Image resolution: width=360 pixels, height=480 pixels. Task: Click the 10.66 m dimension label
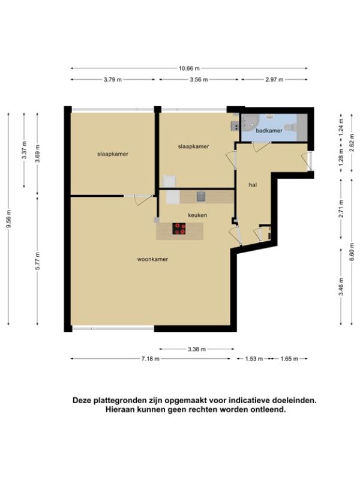point(189,68)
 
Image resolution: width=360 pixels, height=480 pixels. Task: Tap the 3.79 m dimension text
point(113,80)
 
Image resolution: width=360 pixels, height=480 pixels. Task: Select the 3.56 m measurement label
point(199,80)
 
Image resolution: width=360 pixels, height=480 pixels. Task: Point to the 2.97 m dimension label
point(274,80)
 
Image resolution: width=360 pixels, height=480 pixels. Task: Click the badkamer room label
point(269,131)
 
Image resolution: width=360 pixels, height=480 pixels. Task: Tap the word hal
point(253,185)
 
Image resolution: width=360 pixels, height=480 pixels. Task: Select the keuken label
point(197,215)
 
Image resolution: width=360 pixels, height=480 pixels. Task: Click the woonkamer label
point(152,259)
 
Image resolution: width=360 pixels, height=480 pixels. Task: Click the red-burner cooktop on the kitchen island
point(179,229)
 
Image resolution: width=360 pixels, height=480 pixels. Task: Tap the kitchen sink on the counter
point(201,197)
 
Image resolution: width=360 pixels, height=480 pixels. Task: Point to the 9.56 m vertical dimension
point(9,219)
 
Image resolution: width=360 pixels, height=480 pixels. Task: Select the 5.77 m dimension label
point(38,261)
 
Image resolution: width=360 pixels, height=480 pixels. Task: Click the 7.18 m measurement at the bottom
point(151,359)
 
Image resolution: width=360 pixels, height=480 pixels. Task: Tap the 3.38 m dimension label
point(197,349)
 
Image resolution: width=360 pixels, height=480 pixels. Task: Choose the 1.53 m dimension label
point(254,359)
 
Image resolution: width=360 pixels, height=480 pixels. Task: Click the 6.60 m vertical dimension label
point(352,254)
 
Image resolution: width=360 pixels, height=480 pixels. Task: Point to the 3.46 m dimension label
point(341,287)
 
